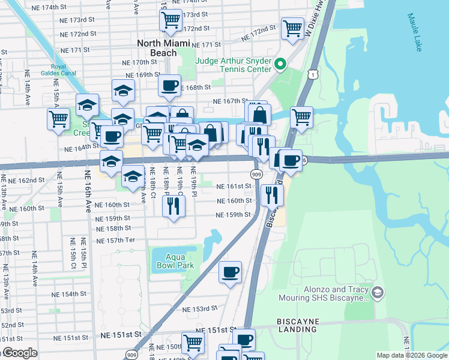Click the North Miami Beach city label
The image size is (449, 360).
(x=163, y=48)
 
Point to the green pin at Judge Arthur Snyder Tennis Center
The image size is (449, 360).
(x=280, y=63)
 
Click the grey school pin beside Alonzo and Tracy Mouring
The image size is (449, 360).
(x=377, y=292)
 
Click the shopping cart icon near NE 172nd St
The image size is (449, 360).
(x=292, y=28)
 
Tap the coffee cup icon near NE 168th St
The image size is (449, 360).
(x=170, y=85)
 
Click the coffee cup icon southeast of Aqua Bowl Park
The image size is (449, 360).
(x=231, y=272)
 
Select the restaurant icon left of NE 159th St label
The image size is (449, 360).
(x=174, y=206)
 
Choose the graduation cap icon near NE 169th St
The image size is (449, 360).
(x=123, y=90)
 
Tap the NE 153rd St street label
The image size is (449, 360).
(x=199, y=309)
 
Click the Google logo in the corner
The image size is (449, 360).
(x=19, y=353)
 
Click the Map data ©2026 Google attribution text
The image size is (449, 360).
(x=412, y=355)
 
